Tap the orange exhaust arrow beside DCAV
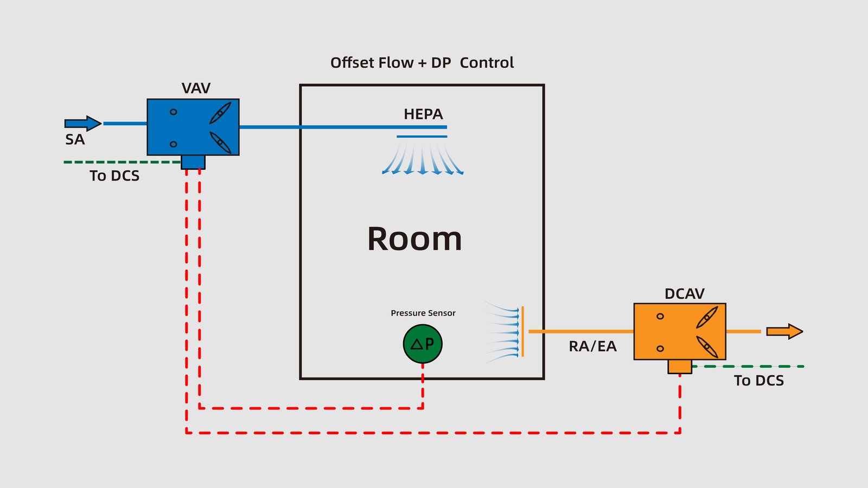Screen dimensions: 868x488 (x=784, y=331)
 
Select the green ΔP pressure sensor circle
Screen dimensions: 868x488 (x=423, y=344)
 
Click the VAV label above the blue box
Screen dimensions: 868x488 (x=196, y=88)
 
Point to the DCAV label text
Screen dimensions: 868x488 (x=685, y=293)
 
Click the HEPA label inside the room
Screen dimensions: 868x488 (x=423, y=114)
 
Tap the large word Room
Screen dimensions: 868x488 (x=414, y=239)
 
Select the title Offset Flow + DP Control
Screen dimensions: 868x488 (x=422, y=63)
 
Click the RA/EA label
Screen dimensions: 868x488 (x=592, y=346)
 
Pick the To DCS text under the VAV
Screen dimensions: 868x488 (x=114, y=176)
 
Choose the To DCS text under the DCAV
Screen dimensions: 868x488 (x=759, y=381)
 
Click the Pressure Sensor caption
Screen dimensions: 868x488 (x=423, y=313)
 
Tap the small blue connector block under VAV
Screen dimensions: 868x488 (x=193, y=162)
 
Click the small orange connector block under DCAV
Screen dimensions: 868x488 (x=680, y=367)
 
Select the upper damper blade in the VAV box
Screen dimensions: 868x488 (x=220, y=113)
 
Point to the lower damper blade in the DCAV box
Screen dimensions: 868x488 (x=707, y=347)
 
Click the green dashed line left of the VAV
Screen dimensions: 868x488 (x=122, y=162)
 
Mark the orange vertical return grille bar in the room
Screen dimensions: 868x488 (x=523, y=331)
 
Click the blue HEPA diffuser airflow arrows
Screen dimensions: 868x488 (x=423, y=159)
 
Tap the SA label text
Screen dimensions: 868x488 (x=75, y=139)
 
